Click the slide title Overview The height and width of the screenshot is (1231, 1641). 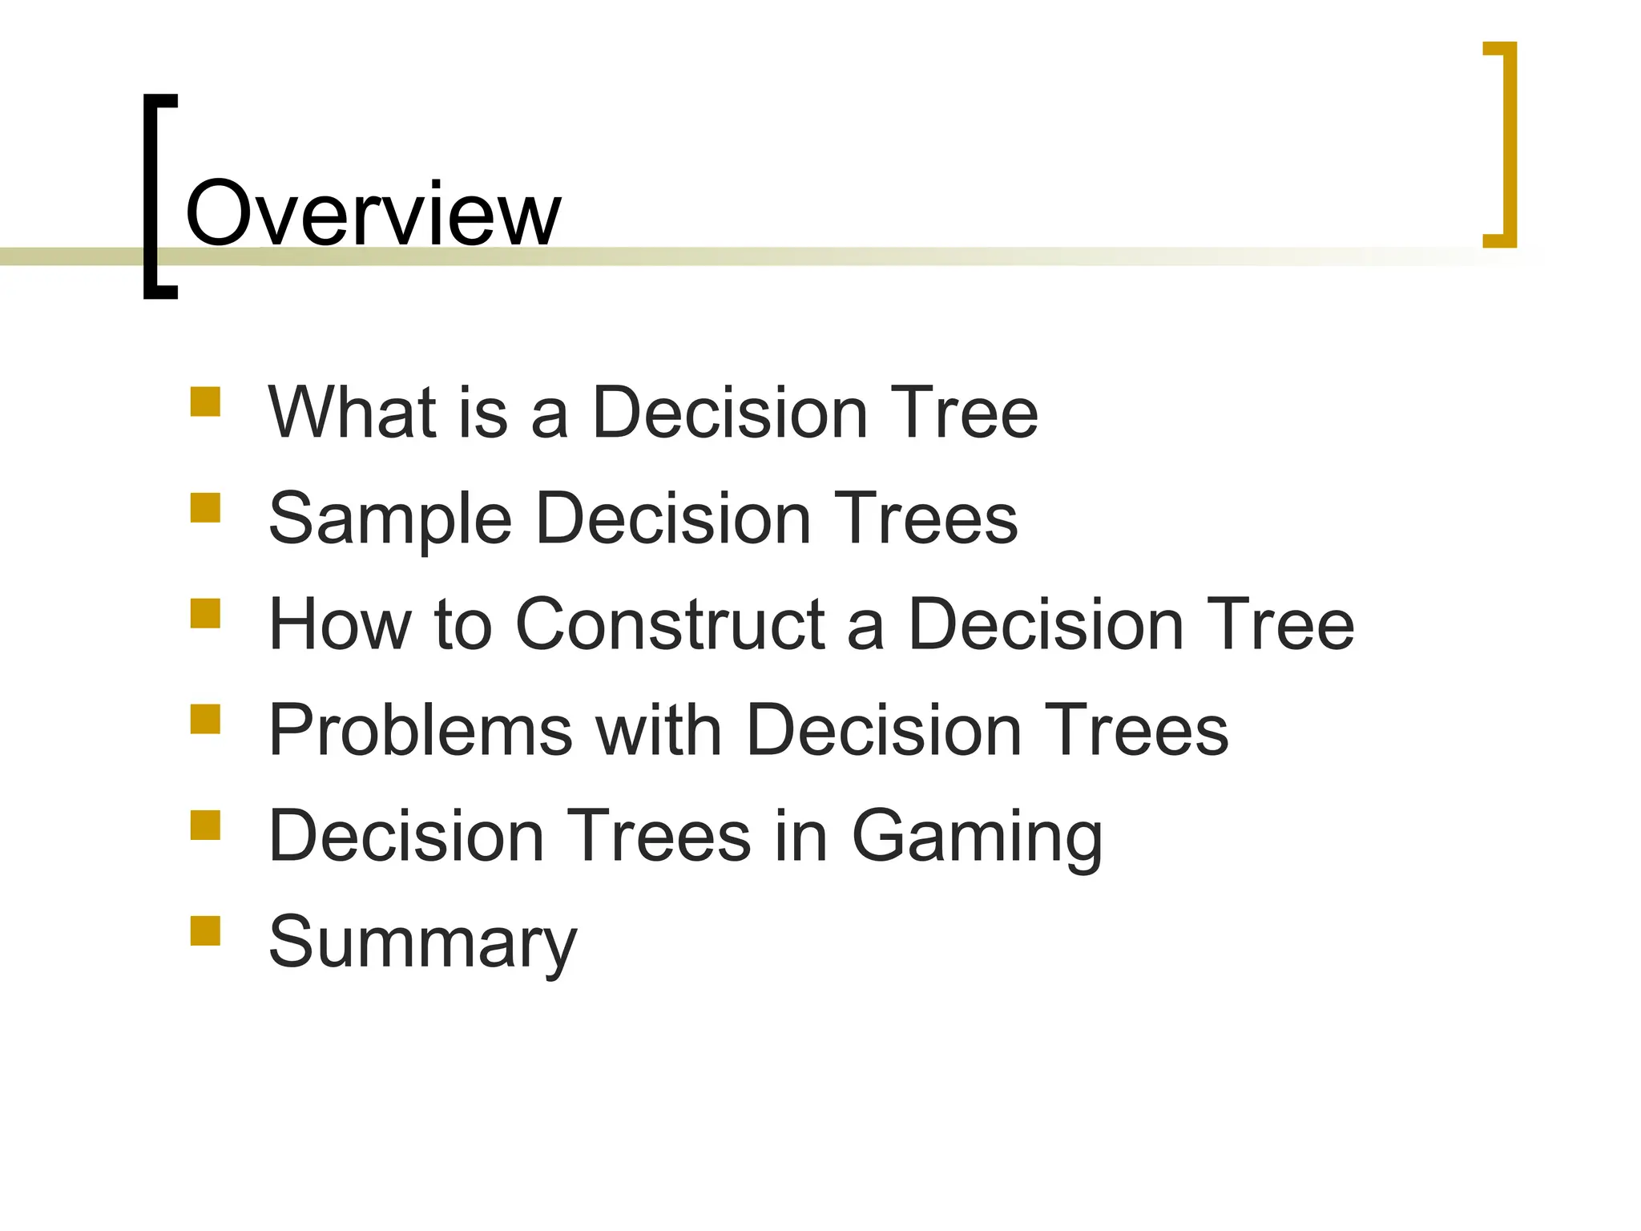(373, 214)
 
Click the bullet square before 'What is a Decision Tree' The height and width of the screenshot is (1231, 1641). (205, 402)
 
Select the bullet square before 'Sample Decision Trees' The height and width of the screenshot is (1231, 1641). (205, 508)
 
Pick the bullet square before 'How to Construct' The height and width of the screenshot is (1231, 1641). (205, 614)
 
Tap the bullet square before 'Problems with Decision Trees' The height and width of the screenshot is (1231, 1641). (205, 719)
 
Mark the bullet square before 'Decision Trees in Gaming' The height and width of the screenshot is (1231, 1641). (205, 825)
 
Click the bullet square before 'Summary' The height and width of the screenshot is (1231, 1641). (205, 931)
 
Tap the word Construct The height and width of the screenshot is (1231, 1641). (671, 624)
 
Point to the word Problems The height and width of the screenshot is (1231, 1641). (421, 730)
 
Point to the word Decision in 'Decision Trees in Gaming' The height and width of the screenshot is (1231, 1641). (407, 836)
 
